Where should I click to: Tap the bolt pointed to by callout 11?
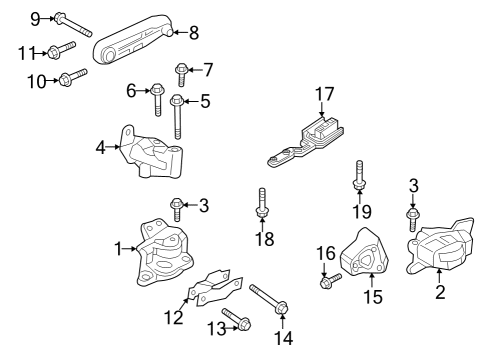[61, 50]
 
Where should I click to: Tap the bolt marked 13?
[236, 321]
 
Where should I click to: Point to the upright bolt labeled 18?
[262, 204]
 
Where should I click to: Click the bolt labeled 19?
[357, 179]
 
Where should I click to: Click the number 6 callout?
[131, 91]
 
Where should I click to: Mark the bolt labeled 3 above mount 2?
[412, 218]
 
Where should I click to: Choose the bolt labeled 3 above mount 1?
[177, 208]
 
